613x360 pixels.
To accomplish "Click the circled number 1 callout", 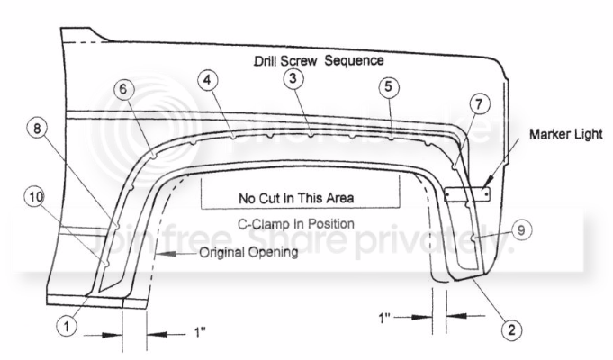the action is pyautogui.click(x=67, y=326).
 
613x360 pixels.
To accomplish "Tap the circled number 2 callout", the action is pyautogui.click(x=512, y=330).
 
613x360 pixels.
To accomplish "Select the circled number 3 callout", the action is pyautogui.click(x=293, y=78).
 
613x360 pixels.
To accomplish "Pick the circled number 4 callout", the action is pyautogui.click(x=208, y=80).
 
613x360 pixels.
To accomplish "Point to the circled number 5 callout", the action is pyautogui.click(x=389, y=86).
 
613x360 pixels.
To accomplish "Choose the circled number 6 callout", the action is pyautogui.click(x=123, y=89).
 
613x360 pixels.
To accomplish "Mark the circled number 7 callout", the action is pyautogui.click(x=479, y=104).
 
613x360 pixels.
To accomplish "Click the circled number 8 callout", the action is pyautogui.click(x=37, y=128).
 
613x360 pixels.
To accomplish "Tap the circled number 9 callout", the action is pyautogui.click(x=521, y=229).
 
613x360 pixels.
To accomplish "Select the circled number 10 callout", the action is pyautogui.click(x=36, y=196).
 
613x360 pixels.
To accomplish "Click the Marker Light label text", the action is pyautogui.click(x=565, y=134).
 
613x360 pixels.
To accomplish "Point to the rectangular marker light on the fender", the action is pyautogui.click(x=467, y=193).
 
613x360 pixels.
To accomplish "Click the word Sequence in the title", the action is pyautogui.click(x=354, y=60).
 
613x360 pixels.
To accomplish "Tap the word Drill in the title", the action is pyautogui.click(x=266, y=61).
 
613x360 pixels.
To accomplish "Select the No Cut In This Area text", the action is pyautogui.click(x=296, y=198).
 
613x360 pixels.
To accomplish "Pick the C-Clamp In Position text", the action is pyautogui.click(x=296, y=224).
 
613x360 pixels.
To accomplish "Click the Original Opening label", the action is pyautogui.click(x=248, y=252).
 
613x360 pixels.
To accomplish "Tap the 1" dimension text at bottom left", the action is pyautogui.click(x=200, y=333).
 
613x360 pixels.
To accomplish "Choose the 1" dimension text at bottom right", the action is pyautogui.click(x=384, y=318).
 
